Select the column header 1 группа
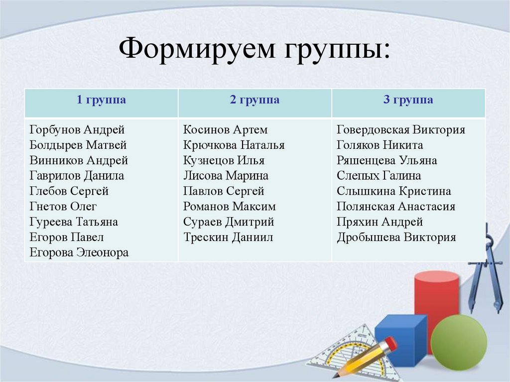point(101,100)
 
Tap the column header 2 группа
point(255,100)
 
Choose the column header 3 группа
point(408,100)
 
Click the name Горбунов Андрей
point(77,130)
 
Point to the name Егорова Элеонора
point(79,253)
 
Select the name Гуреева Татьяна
point(74,222)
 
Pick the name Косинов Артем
point(225,130)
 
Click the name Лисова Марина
point(226,176)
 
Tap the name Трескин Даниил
point(228,237)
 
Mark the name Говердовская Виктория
point(401,130)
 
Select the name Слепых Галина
point(379,176)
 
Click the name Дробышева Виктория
point(396,237)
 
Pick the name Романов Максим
point(229,207)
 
